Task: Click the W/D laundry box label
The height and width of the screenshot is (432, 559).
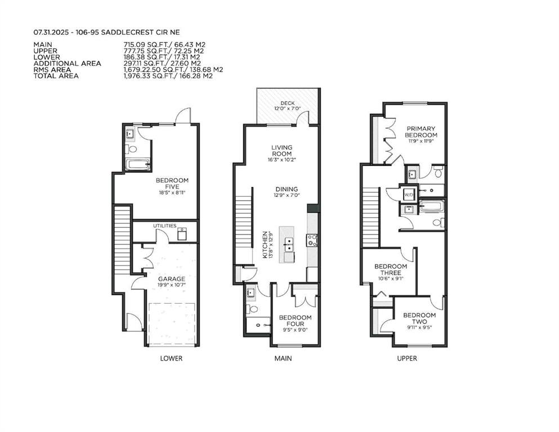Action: (408, 195)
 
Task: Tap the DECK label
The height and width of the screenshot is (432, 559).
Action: (287, 103)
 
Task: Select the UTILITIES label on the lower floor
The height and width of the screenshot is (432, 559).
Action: (165, 226)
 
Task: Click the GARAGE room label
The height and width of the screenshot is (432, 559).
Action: (172, 279)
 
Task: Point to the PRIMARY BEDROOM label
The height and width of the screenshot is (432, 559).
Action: (421, 132)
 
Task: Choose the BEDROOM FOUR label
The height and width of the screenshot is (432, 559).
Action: (295, 321)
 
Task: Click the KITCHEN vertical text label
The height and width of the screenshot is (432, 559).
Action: (265, 245)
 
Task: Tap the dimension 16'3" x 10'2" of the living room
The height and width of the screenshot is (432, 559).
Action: (281, 160)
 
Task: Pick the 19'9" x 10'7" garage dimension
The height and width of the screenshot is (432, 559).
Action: (172, 285)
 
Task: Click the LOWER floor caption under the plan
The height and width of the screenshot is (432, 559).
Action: (171, 358)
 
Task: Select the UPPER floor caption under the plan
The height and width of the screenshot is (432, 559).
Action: (407, 358)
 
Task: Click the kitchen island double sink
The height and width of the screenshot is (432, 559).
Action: (289, 244)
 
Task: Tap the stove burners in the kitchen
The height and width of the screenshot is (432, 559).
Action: (312, 240)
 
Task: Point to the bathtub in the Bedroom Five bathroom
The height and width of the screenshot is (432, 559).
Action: (137, 165)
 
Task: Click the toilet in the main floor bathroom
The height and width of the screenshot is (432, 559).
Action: (253, 308)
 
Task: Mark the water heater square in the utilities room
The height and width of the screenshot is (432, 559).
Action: (182, 234)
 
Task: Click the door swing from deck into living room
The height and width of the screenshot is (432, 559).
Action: (304, 118)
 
